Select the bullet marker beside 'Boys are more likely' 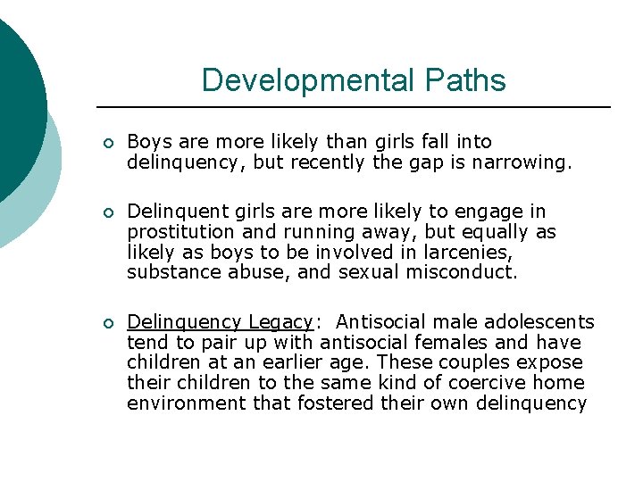(107, 143)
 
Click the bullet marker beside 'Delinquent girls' (107, 212)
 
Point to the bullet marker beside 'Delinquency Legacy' (107, 323)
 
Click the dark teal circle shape (13, 107)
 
